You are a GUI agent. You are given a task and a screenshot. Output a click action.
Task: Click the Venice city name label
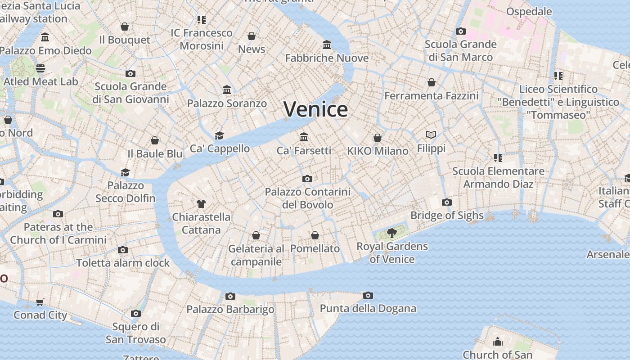click(315, 109)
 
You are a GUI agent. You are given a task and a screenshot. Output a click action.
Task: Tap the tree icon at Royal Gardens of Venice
click(392, 233)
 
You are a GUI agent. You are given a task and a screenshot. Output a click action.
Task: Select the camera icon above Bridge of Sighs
click(446, 202)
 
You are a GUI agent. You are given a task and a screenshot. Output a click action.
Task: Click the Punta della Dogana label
click(368, 309)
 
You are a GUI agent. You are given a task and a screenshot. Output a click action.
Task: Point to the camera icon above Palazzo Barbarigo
click(230, 296)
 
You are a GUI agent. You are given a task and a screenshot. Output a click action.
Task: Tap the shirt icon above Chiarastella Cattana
click(201, 204)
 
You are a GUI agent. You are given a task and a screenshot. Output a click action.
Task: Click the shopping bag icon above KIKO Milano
click(378, 137)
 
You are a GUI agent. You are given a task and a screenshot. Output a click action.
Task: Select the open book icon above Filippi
click(431, 135)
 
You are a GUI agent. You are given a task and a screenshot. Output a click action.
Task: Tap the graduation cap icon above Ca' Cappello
click(219, 135)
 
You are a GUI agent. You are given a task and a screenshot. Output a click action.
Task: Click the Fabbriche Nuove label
click(327, 58)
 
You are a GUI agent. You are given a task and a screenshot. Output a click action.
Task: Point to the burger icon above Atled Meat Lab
click(40, 68)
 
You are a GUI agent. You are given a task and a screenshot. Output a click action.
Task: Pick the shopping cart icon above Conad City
click(40, 302)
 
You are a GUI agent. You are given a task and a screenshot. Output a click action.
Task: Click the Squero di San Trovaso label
click(136, 333)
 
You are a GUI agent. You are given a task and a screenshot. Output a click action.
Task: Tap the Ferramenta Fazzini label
click(431, 96)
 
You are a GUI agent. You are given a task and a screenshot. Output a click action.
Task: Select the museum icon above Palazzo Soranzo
click(227, 90)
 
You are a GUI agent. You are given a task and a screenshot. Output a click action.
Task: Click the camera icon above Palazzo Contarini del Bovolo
click(307, 179)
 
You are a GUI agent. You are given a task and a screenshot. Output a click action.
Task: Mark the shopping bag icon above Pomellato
click(315, 235)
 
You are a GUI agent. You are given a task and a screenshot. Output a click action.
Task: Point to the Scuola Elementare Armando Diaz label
click(498, 177)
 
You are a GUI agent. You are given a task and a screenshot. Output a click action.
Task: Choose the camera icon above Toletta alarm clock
click(123, 250)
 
